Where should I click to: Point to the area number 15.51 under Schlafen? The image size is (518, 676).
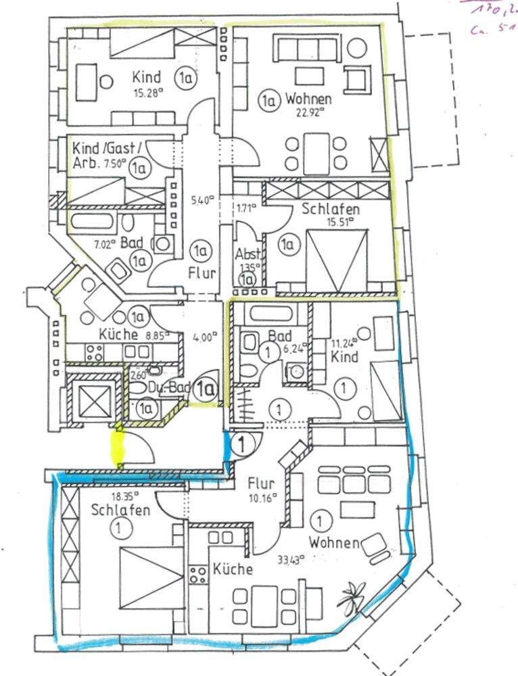point(335,224)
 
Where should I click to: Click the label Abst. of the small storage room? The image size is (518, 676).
point(246,256)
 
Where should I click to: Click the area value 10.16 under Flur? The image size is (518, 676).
point(261,500)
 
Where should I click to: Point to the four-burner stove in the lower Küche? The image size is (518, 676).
point(199,576)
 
